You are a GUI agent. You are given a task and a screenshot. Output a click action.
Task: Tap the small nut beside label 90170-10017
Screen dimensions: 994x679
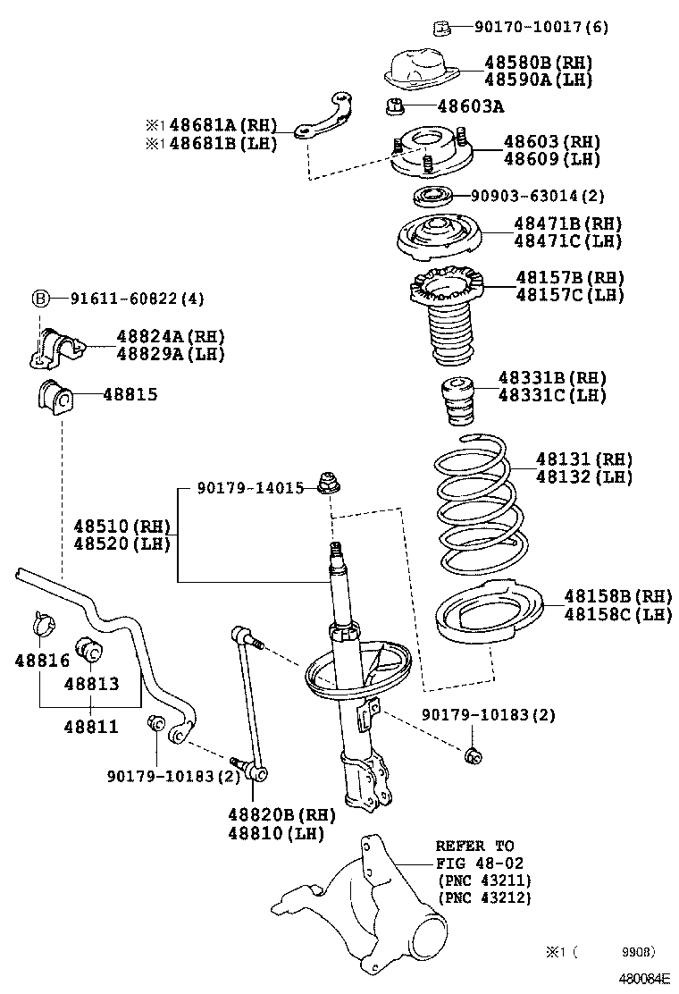[440, 28]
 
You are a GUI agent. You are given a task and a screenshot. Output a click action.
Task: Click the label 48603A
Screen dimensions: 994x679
[471, 107]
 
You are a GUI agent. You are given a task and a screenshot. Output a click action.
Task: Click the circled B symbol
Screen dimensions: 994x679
[40, 298]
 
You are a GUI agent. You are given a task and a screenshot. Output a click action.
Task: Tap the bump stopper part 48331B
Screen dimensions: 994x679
[457, 404]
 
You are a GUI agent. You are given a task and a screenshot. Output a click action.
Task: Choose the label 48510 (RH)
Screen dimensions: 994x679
[122, 526]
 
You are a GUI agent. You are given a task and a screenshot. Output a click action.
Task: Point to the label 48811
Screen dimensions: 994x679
[90, 727]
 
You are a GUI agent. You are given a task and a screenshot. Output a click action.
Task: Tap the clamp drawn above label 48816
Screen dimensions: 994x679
[42, 622]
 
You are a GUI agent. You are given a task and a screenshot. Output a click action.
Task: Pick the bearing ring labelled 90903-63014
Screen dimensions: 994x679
[435, 196]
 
